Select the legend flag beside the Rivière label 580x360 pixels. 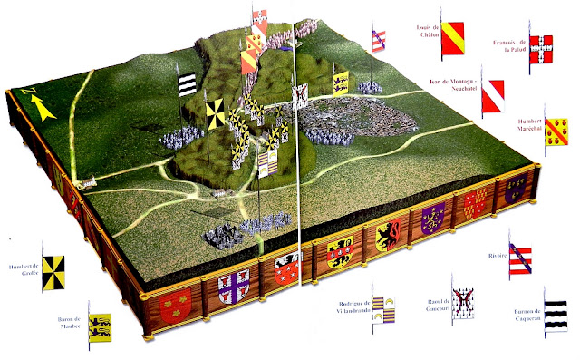[521, 260]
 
